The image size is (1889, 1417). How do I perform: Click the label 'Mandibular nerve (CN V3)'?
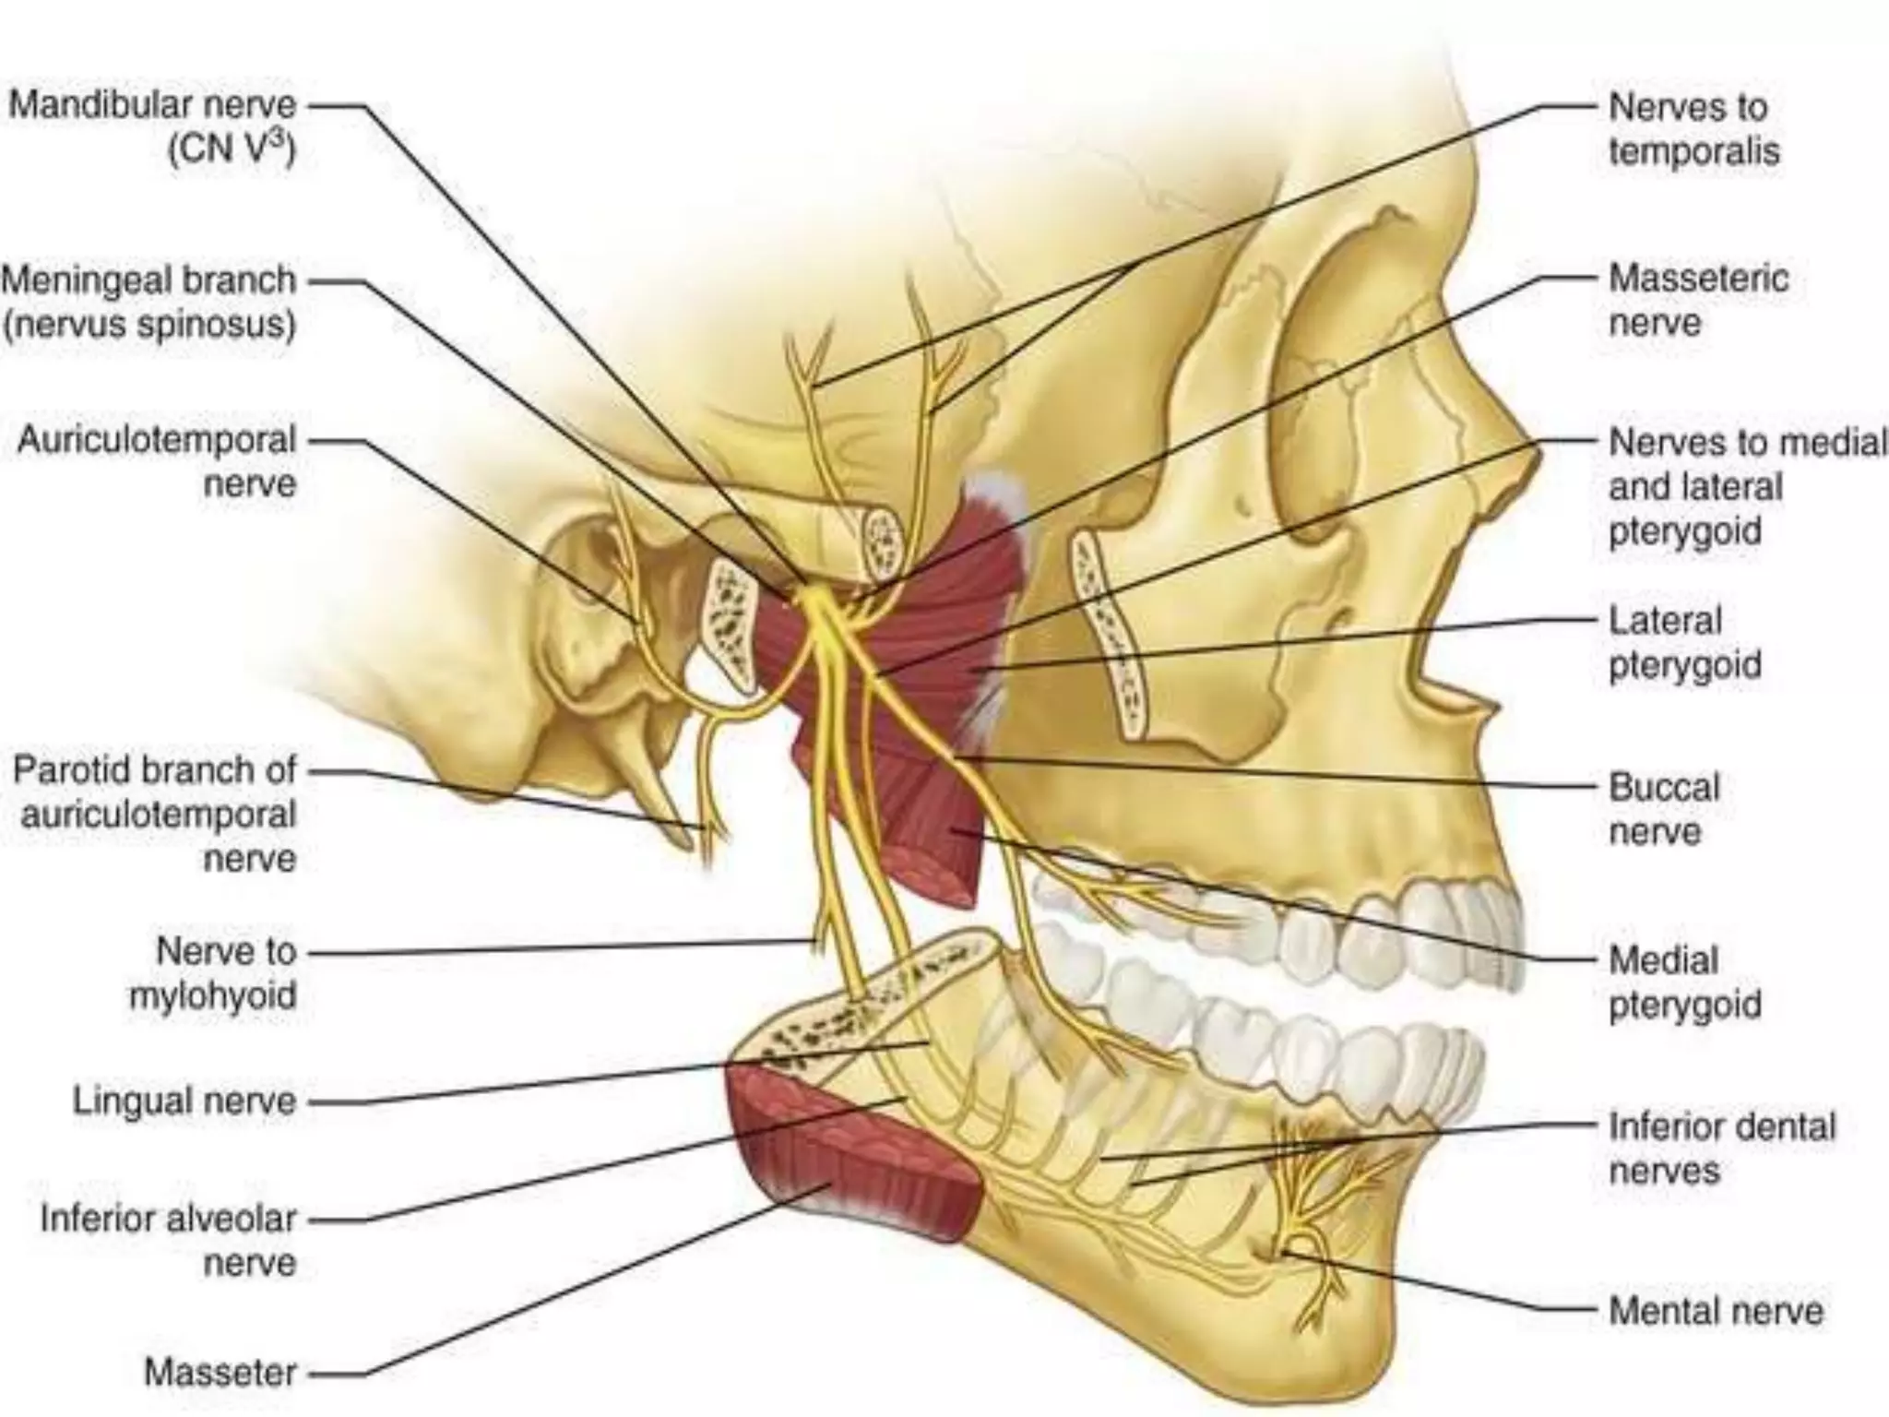(153, 126)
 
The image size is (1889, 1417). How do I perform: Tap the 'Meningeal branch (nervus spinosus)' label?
(149, 302)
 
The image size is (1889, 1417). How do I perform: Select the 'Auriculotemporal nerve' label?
(158, 461)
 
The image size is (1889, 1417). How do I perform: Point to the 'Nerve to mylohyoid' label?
(213, 972)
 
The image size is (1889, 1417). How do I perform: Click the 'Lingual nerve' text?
(185, 1101)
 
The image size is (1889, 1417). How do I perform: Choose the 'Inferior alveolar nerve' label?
(169, 1240)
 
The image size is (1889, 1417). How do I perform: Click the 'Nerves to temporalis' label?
(1694, 128)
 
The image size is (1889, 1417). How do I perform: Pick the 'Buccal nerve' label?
(1665, 809)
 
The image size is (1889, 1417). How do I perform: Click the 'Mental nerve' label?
(1717, 1310)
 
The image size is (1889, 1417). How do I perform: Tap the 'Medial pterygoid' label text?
(1685, 982)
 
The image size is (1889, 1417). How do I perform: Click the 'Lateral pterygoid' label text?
(1685, 641)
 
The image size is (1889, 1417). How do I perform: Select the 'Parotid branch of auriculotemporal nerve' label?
(155, 814)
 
